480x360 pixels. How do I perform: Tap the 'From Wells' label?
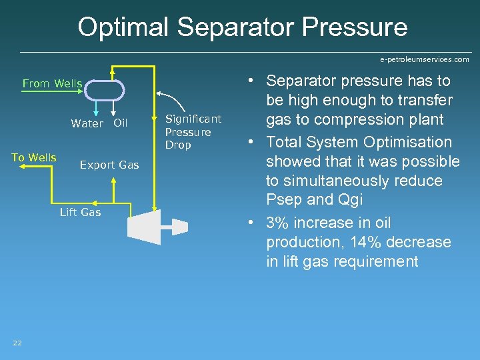52,83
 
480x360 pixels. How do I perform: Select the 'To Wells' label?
34,157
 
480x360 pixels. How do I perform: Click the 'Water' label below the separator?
87,123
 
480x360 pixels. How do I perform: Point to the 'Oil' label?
120,123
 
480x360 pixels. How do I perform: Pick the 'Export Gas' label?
109,165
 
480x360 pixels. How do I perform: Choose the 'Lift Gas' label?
80,212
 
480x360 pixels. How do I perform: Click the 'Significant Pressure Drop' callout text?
193,131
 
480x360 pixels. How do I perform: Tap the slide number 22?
17,343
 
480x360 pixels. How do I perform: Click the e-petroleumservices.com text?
424,59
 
